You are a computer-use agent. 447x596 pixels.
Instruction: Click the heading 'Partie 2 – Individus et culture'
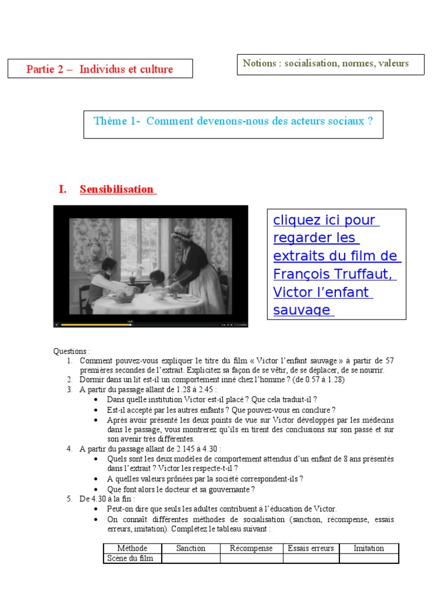(100, 69)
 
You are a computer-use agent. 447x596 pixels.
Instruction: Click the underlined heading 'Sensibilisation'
(117, 189)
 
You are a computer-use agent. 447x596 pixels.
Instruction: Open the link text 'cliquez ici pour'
(324, 221)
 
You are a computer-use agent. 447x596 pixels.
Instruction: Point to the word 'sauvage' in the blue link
(301, 310)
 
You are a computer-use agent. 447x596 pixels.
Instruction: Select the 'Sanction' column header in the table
(190, 548)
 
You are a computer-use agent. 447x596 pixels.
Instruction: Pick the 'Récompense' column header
(251, 548)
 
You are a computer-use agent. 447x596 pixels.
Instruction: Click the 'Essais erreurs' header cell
(311, 548)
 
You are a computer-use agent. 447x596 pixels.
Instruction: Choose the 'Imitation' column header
(369, 548)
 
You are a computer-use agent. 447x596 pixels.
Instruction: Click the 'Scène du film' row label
(130, 559)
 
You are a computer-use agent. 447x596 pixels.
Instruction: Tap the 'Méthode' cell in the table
(132, 548)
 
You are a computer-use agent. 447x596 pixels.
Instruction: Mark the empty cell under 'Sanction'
(190, 559)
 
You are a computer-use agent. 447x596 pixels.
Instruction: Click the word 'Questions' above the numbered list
(71, 352)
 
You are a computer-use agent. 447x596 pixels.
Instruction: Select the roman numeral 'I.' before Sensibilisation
(63, 189)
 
